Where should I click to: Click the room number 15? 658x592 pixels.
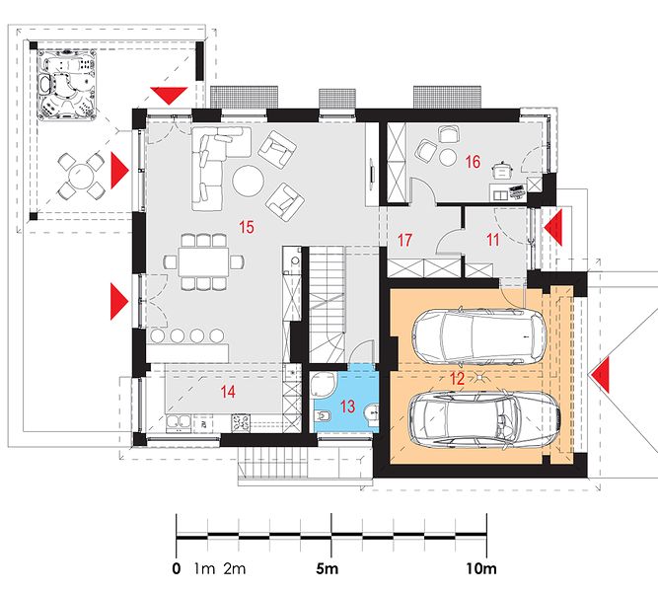(247, 227)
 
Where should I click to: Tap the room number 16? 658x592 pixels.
(473, 162)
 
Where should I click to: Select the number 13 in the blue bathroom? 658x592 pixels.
(347, 407)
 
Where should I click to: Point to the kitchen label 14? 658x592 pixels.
(228, 392)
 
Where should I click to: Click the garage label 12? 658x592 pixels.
(457, 379)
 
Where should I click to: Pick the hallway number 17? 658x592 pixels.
(404, 240)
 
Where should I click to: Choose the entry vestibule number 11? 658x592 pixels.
(492, 240)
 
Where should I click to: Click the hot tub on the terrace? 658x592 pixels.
(67, 85)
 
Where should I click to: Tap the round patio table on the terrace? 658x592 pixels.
(81, 177)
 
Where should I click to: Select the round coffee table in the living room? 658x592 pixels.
(249, 182)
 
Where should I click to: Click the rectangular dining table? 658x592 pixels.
(203, 261)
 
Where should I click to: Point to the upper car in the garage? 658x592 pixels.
(478, 336)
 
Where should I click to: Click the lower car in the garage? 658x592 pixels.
(484, 419)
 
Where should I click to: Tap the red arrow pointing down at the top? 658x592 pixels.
(169, 96)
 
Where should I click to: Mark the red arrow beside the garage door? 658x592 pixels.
(599, 375)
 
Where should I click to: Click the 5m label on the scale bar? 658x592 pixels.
(327, 569)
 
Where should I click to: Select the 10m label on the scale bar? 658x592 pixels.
(481, 569)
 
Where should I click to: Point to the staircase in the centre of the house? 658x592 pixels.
(328, 303)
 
